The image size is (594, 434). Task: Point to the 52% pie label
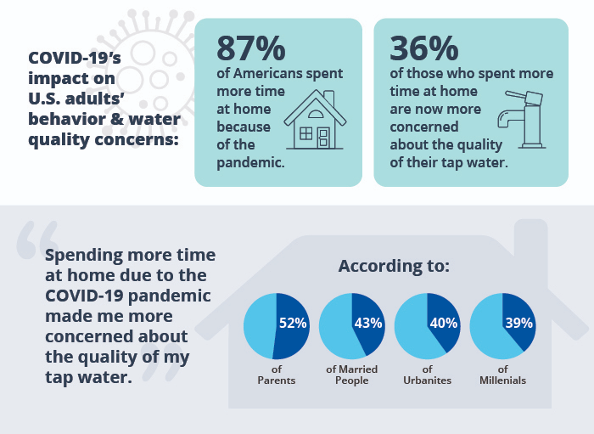click(293, 322)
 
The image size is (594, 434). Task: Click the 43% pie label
click(368, 322)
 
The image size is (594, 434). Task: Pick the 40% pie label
click(444, 322)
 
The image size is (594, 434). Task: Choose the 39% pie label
click(518, 322)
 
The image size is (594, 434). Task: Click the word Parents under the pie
click(277, 380)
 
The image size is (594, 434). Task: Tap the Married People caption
click(352, 375)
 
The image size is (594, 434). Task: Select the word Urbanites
click(428, 380)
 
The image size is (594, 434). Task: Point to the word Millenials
click(502, 380)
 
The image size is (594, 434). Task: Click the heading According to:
click(394, 266)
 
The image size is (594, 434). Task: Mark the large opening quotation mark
click(37, 243)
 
